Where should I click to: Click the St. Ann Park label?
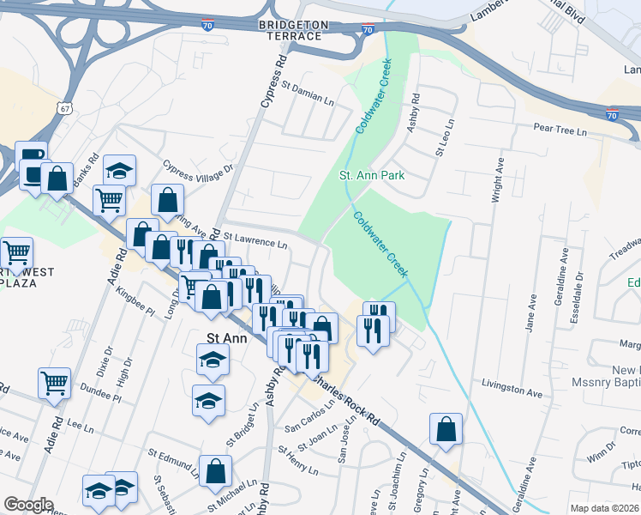click(371, 175)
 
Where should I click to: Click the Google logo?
click(27, 505)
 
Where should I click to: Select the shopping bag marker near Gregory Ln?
click(446, 429)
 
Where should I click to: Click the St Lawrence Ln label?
click(256, 244)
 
